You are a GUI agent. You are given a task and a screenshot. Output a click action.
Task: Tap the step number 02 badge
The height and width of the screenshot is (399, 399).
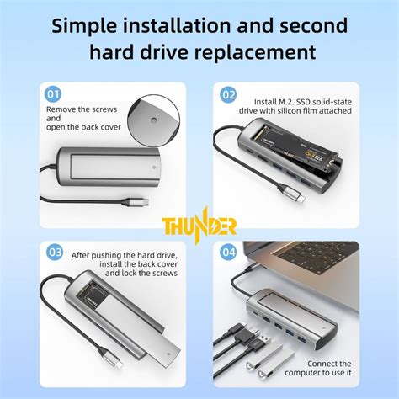[x=228, y=95]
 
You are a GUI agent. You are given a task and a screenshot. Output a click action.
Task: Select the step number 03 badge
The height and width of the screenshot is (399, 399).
[x=55, y=252]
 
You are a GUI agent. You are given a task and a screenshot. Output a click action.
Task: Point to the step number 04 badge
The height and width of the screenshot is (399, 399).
[x=228, y=252]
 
